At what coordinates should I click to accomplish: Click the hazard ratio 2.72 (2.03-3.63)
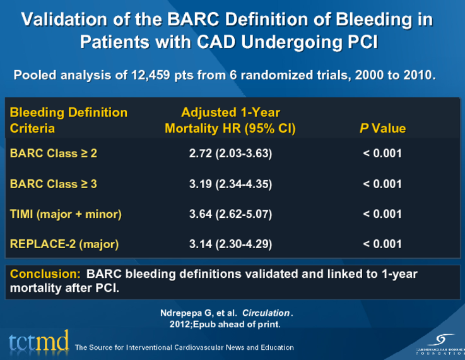(x=230, y=153)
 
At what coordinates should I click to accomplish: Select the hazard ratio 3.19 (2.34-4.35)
(x=230, y=184)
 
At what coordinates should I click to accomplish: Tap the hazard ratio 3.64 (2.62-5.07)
(x=230, y=214)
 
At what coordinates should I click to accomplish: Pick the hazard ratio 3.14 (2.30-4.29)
(x=230, y=244)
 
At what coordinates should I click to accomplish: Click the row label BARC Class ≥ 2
(x=54, y=153)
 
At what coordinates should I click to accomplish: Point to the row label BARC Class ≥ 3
(x=54, y=184)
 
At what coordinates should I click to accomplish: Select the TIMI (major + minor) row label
(x=66, y=214)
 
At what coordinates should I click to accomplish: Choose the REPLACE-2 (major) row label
(x=64, y=244)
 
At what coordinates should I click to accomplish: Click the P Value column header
(x=382, y=129)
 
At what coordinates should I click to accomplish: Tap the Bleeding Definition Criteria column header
(x=68, y=121)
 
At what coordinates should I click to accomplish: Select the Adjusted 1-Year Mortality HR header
(x=230, y=121)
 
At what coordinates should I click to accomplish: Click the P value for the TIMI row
(x=382, y=214)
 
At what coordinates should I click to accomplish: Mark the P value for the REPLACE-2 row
(x=382, y=244)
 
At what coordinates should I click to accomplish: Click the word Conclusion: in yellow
(x=45, y=275)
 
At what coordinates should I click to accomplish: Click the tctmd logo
(x=38, y=342)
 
